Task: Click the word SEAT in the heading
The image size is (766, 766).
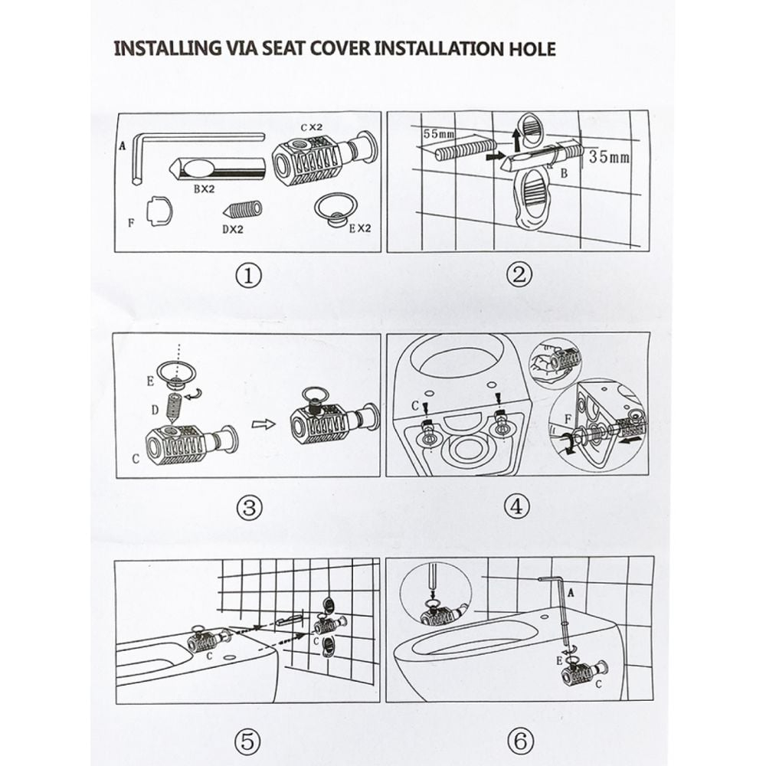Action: point(284,49)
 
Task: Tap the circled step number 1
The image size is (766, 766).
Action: point(249,276)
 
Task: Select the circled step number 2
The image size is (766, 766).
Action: point(519,275)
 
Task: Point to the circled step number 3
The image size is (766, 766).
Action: point(249,508)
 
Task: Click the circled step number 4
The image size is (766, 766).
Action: point(516,507)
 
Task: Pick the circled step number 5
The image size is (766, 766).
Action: point(247,741)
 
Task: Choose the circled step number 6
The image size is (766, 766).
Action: point(520,741)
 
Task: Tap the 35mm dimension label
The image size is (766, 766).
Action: point(609,157)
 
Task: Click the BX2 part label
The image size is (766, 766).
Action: point(205,189)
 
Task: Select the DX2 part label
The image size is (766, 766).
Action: point(233,228)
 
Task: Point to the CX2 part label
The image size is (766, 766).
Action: point(312,127)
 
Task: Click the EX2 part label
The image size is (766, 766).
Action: point(360,228)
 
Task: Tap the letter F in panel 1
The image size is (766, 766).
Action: point(131,223)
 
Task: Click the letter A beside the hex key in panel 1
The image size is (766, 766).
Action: point(122,146)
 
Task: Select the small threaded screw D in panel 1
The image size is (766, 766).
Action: point(243,210)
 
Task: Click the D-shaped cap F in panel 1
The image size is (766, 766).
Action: point(160,211)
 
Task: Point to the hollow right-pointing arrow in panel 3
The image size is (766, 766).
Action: point(264,424)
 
